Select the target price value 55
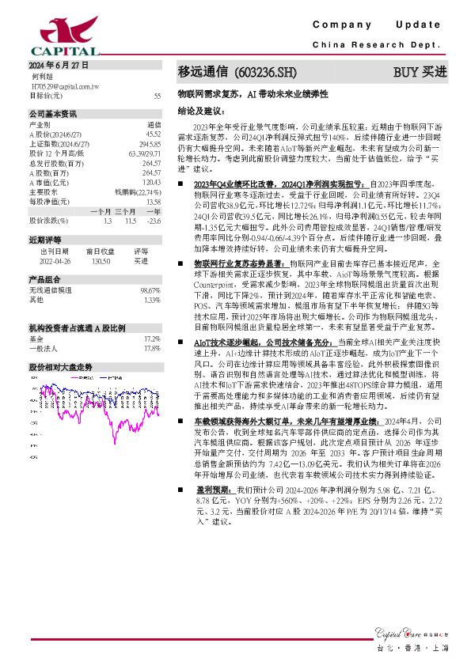click(157, 95)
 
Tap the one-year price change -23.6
click(154, 220)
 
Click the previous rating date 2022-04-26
click(55, 259)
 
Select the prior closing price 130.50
click(102, 259)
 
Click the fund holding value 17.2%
click(152, 338)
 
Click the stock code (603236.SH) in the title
click(266, 72)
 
